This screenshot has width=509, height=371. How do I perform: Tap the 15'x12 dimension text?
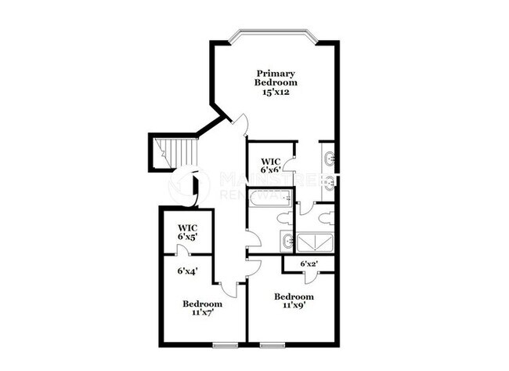[x=276, y=92]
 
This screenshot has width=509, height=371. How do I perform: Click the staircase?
[x=174, y=151]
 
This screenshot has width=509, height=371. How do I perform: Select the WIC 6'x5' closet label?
[x=187, y=232]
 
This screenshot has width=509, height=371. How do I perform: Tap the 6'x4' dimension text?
[x=186, y=271]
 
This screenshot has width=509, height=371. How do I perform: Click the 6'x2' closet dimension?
[x=309, y=264]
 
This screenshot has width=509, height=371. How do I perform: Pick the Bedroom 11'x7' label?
[x=203, y=308]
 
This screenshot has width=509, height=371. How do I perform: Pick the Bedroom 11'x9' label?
[x=294, y=301]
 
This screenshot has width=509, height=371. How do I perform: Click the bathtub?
[x=269, y=199]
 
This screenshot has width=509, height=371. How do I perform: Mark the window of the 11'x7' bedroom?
[x=224, y=344]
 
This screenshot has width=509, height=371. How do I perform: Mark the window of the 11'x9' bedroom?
[x=273, y=344]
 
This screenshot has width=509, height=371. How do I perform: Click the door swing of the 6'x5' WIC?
[x=182, y=250]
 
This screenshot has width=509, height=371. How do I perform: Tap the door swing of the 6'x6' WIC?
[x=289, y=165]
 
